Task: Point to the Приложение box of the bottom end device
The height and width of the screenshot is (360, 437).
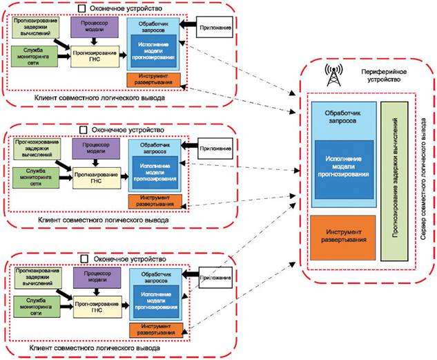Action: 214,278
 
